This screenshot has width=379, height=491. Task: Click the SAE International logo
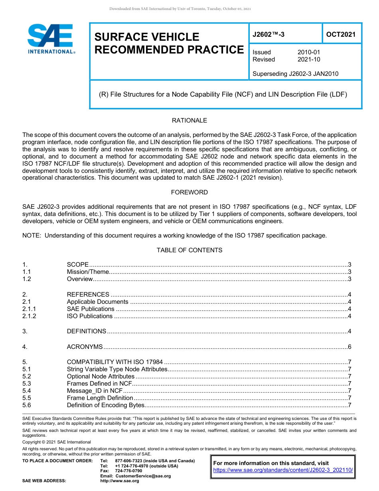(x=51, y=39)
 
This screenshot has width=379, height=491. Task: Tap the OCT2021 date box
(x=341, y=34)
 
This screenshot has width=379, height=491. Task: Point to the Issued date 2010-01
(x=308, y=52)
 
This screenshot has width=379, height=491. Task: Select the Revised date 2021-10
(x=308, y=59)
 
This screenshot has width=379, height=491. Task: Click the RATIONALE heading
(x=189, y=121)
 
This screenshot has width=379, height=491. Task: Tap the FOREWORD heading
(x=189, y=192)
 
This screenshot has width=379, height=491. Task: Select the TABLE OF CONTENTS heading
(x=189, y=250)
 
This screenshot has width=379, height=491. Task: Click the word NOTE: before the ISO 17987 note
(x=32, y=236)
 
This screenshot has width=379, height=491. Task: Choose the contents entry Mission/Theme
(x=87, y=272)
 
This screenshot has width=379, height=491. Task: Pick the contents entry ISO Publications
(x=89, y=316)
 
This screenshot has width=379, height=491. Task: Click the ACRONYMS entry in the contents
(x=85, y=347)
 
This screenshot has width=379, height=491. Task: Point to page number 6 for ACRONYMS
(x=349, y=347)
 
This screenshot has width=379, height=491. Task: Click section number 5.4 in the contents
(x=27, y=391)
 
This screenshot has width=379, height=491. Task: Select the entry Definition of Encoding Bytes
(x=105, y=405)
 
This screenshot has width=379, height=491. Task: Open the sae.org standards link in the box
(x=283, y=470)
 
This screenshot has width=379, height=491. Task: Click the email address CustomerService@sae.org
(x=142, y=476)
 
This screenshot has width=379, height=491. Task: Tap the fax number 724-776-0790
(x=128, y=471)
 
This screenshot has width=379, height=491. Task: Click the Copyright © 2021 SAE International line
(x=57, y=442)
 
